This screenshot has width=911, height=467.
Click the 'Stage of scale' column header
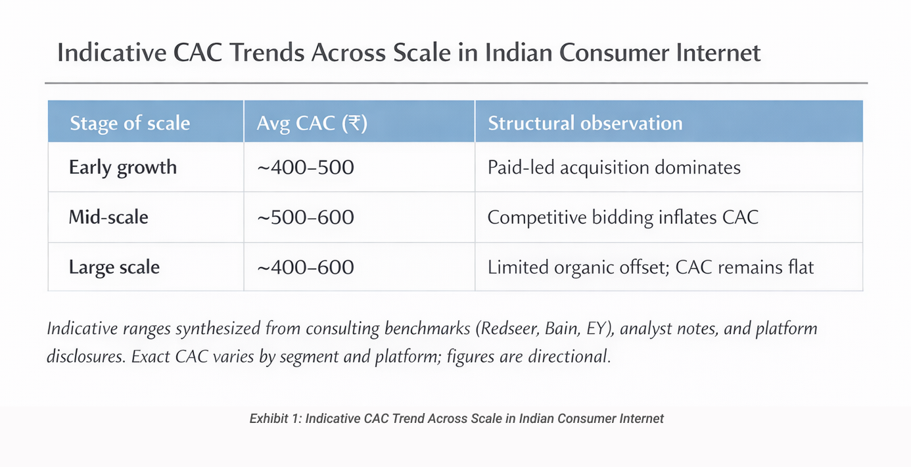129,123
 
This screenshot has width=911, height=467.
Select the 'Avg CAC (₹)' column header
312,123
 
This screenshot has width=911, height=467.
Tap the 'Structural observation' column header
585,123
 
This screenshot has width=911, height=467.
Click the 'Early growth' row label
123,167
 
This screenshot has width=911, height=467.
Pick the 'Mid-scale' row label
108,216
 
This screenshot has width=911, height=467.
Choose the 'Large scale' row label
114,267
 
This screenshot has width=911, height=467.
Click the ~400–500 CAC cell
305,167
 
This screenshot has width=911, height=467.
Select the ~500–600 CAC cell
305,216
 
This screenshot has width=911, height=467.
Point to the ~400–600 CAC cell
305,267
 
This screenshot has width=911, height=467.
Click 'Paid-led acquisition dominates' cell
614,167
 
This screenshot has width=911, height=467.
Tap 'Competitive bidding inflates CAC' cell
622,216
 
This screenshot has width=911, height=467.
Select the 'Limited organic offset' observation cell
651,267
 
